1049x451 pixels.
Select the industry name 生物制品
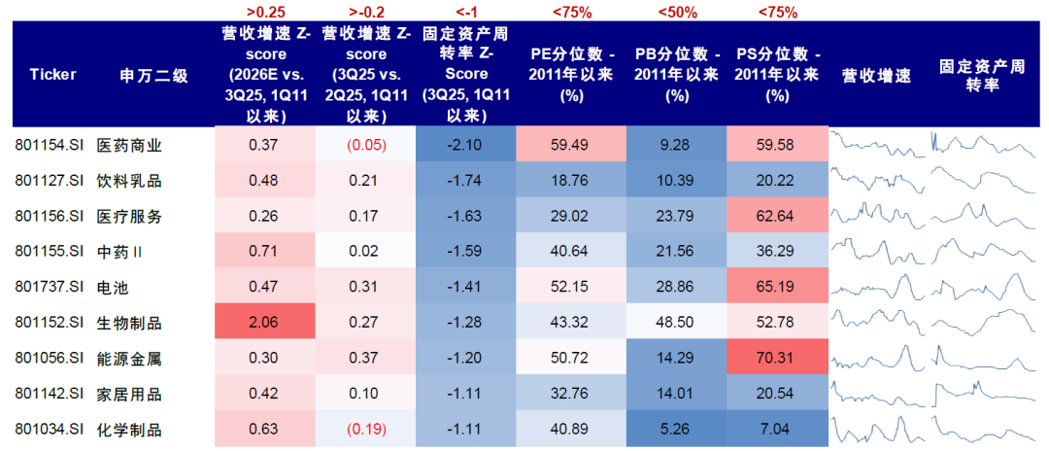point(128,323)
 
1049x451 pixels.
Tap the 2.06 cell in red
point(264,323)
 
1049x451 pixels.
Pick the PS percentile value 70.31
point(775,359)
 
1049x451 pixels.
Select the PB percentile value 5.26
point(676,430)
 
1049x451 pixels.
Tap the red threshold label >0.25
point(264,12)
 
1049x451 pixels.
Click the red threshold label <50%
point(676,12)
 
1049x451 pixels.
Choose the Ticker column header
point(52,74)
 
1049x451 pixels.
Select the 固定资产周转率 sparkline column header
point(982,75)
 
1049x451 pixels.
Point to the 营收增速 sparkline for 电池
point(879,287)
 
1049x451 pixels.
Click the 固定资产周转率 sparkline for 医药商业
point(982,145)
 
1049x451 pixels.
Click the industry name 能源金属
point(128,359)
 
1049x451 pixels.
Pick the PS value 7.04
point(775,430)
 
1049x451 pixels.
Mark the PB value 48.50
point(676,323)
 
